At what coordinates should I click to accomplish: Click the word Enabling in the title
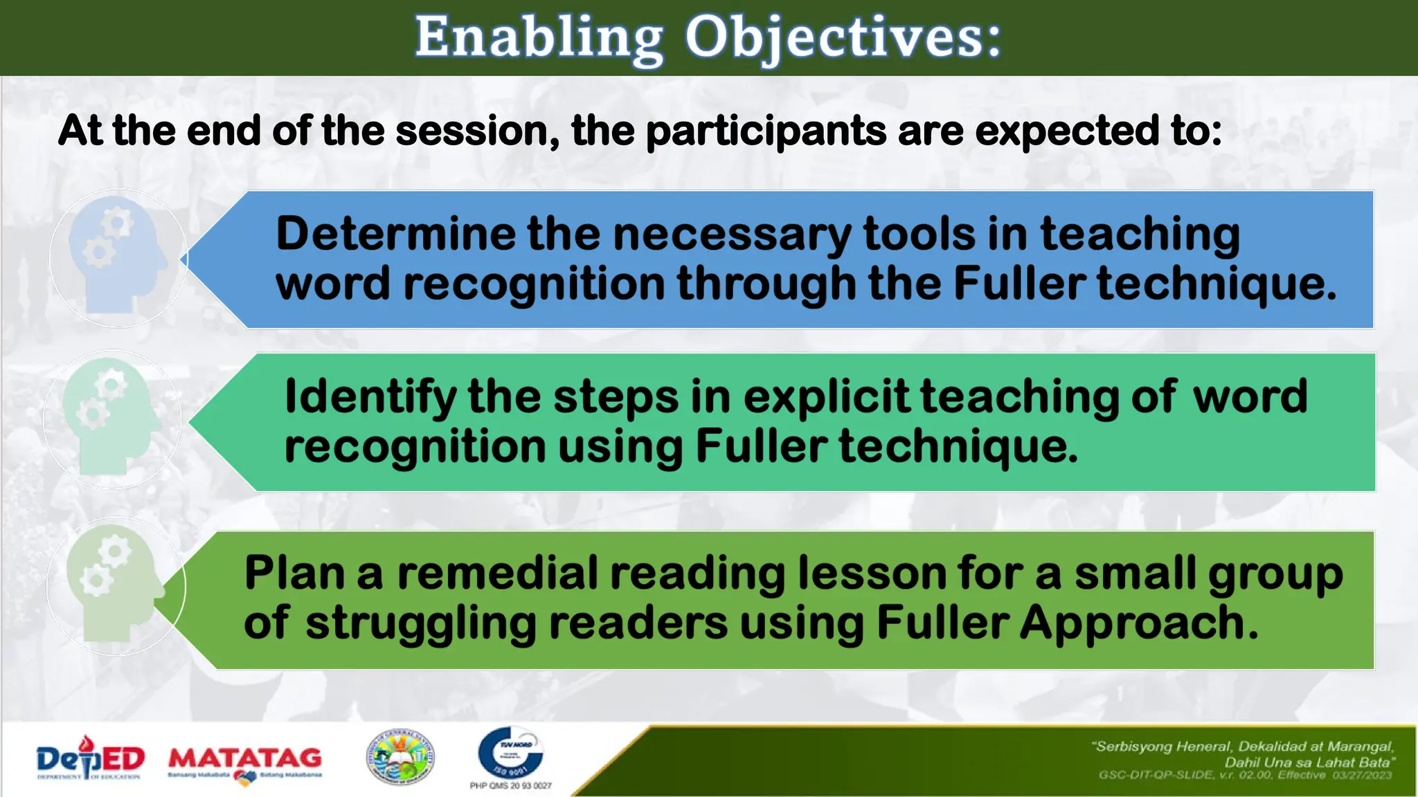pyautogui.click(x=539, y=38)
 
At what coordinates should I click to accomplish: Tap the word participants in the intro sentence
pyautogui.click(x=765, y=131)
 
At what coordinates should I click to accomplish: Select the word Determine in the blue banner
pyautogui.click(x=395, y=234)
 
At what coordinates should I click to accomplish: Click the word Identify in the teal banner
pyautogui.click(x=370, y=397)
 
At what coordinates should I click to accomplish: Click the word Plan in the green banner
pyautogui.click(x=294, y=574)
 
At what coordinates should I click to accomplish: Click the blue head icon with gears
pyautogui.click(x=118, y=257)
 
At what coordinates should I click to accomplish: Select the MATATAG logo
pyautogui.click(x=245, y=761)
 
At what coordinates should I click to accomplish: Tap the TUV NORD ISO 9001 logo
pyautogui.click(x=511, y=753)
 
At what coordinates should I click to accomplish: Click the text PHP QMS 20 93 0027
pyautogui.click(x=511, y=786)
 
